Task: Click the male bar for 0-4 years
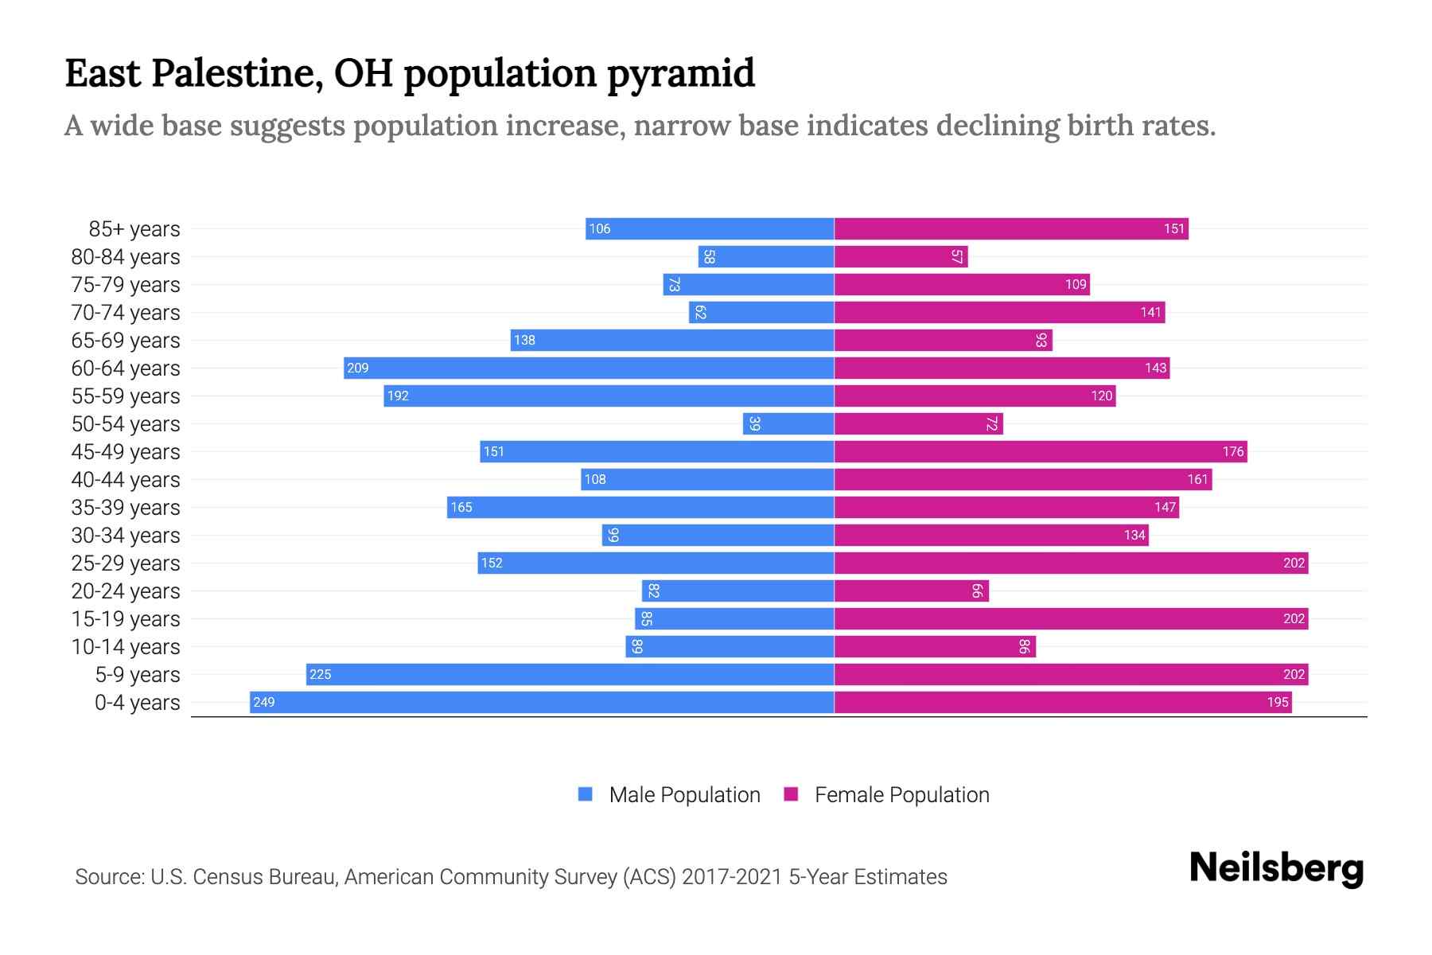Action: [541, 702]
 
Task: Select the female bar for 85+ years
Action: [1010, 228]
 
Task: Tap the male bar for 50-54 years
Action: [788, 423]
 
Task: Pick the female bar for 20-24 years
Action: [911, 591]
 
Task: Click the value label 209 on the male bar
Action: [358, 368]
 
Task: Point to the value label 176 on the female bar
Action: [1232, 451]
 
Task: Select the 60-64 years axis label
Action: [126, 368]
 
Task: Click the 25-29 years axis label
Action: [126, 563]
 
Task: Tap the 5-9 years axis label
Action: [137, 674]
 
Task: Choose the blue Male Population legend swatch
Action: [586, 794]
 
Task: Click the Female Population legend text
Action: [901, 794]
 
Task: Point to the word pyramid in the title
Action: [681, 73]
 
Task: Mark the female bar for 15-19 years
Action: [1071, 618]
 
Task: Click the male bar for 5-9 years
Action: [570, 674]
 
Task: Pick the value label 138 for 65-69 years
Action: [524, 340]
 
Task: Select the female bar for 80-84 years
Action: [901, 256]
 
